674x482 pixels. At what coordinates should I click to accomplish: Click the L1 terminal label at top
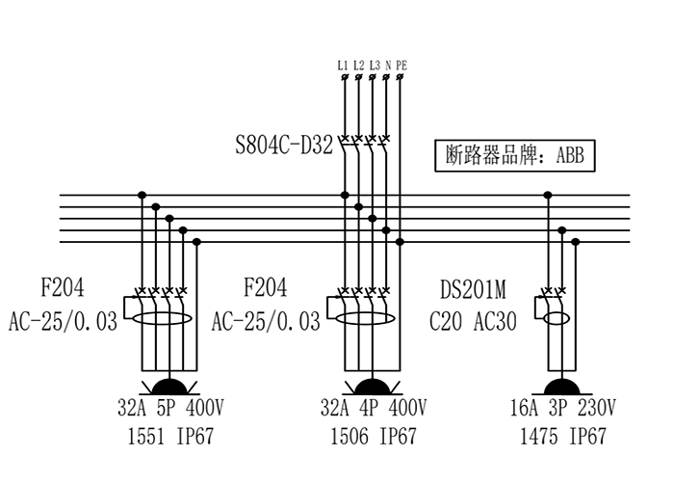click(343, 66)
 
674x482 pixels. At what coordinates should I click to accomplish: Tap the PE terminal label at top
click(401, 66)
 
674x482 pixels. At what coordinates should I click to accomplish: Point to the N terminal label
click(387, 66)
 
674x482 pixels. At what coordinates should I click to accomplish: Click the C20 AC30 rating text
click(473, 321)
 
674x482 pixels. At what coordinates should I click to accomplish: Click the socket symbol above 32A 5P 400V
click(169, 386)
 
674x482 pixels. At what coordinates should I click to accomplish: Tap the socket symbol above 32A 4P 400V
click(372, 386)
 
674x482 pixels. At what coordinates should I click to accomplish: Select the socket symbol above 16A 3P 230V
click(563, 386)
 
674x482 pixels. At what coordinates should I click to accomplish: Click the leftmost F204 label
click(62, 287)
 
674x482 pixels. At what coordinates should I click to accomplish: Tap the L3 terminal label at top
click(374, 66)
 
